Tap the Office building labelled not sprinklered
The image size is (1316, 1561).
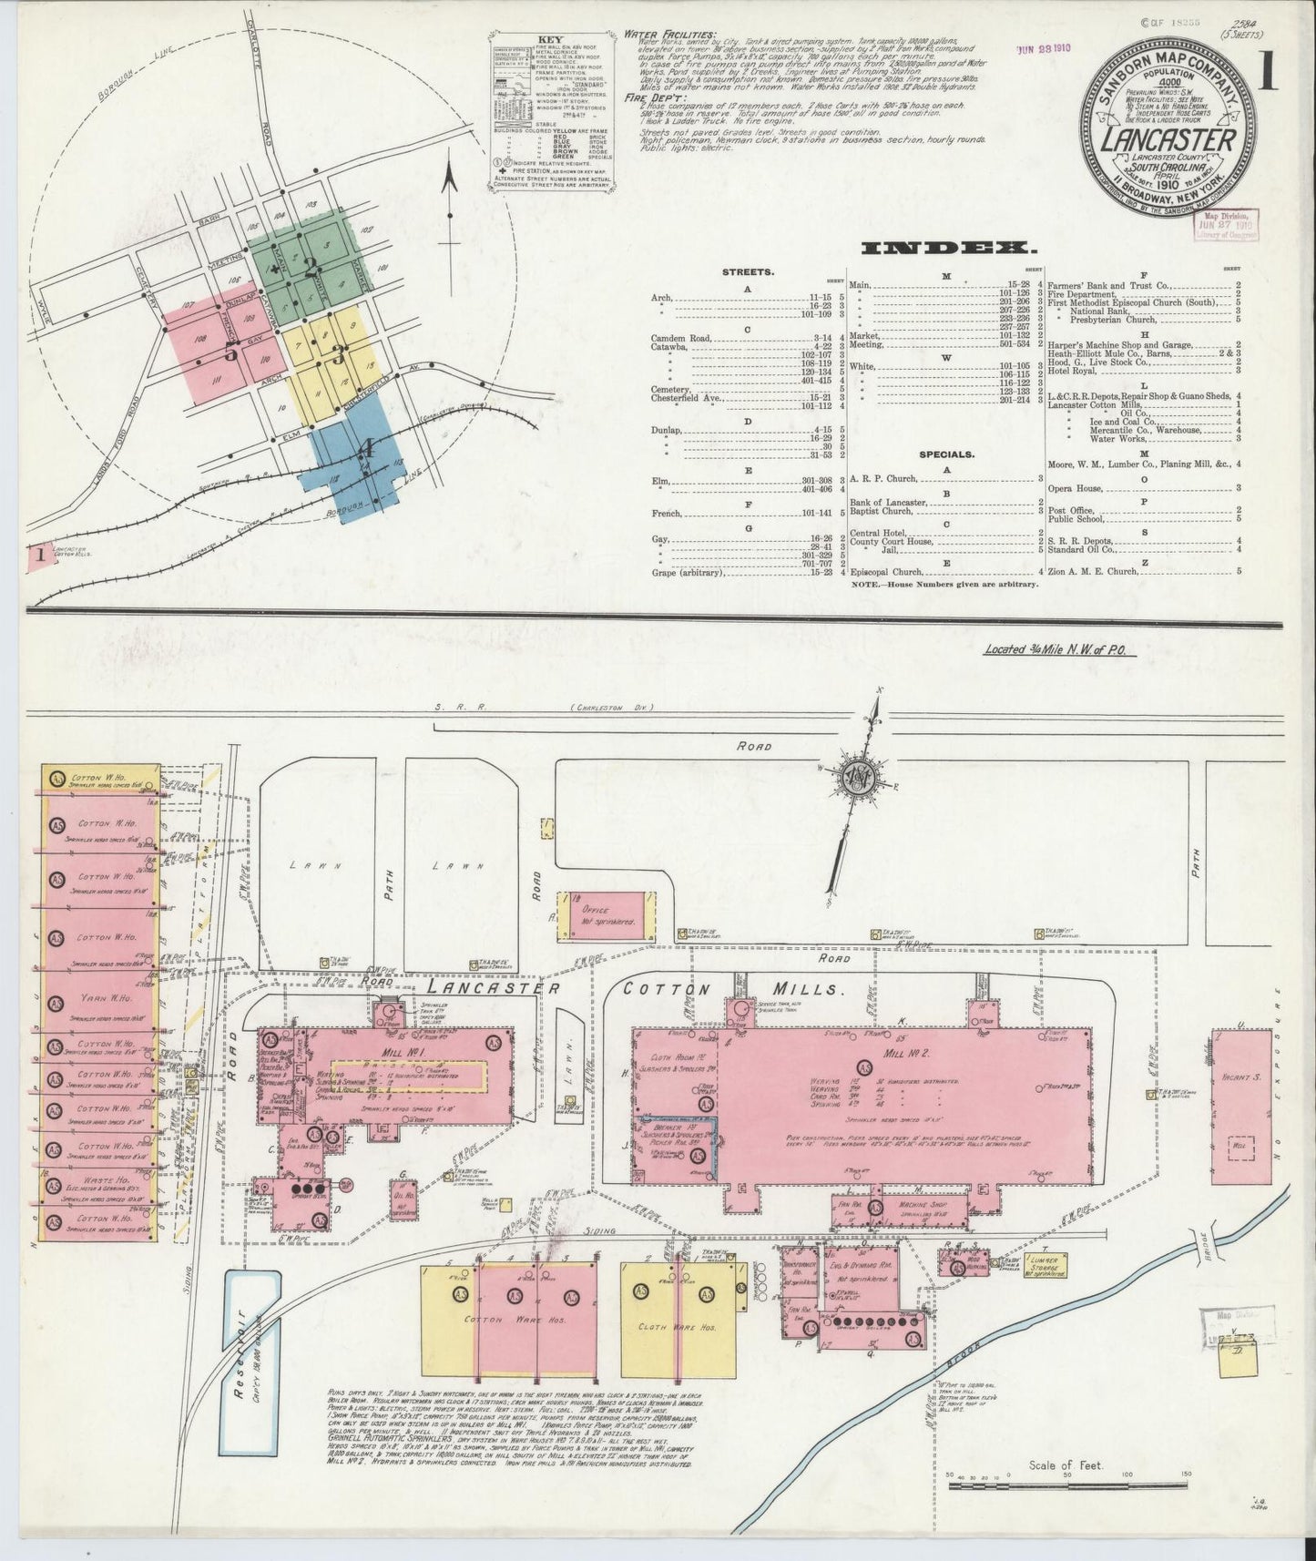[x=605, y=914]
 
